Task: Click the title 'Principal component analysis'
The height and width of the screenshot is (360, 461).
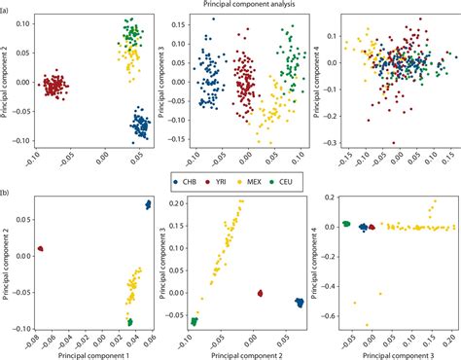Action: coord(230,6)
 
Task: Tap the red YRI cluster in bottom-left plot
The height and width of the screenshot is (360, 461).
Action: coord(40,248)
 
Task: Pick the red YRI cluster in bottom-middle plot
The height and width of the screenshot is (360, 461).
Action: coord(258,293)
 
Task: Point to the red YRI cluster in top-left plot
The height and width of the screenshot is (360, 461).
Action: coord(55,86)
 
